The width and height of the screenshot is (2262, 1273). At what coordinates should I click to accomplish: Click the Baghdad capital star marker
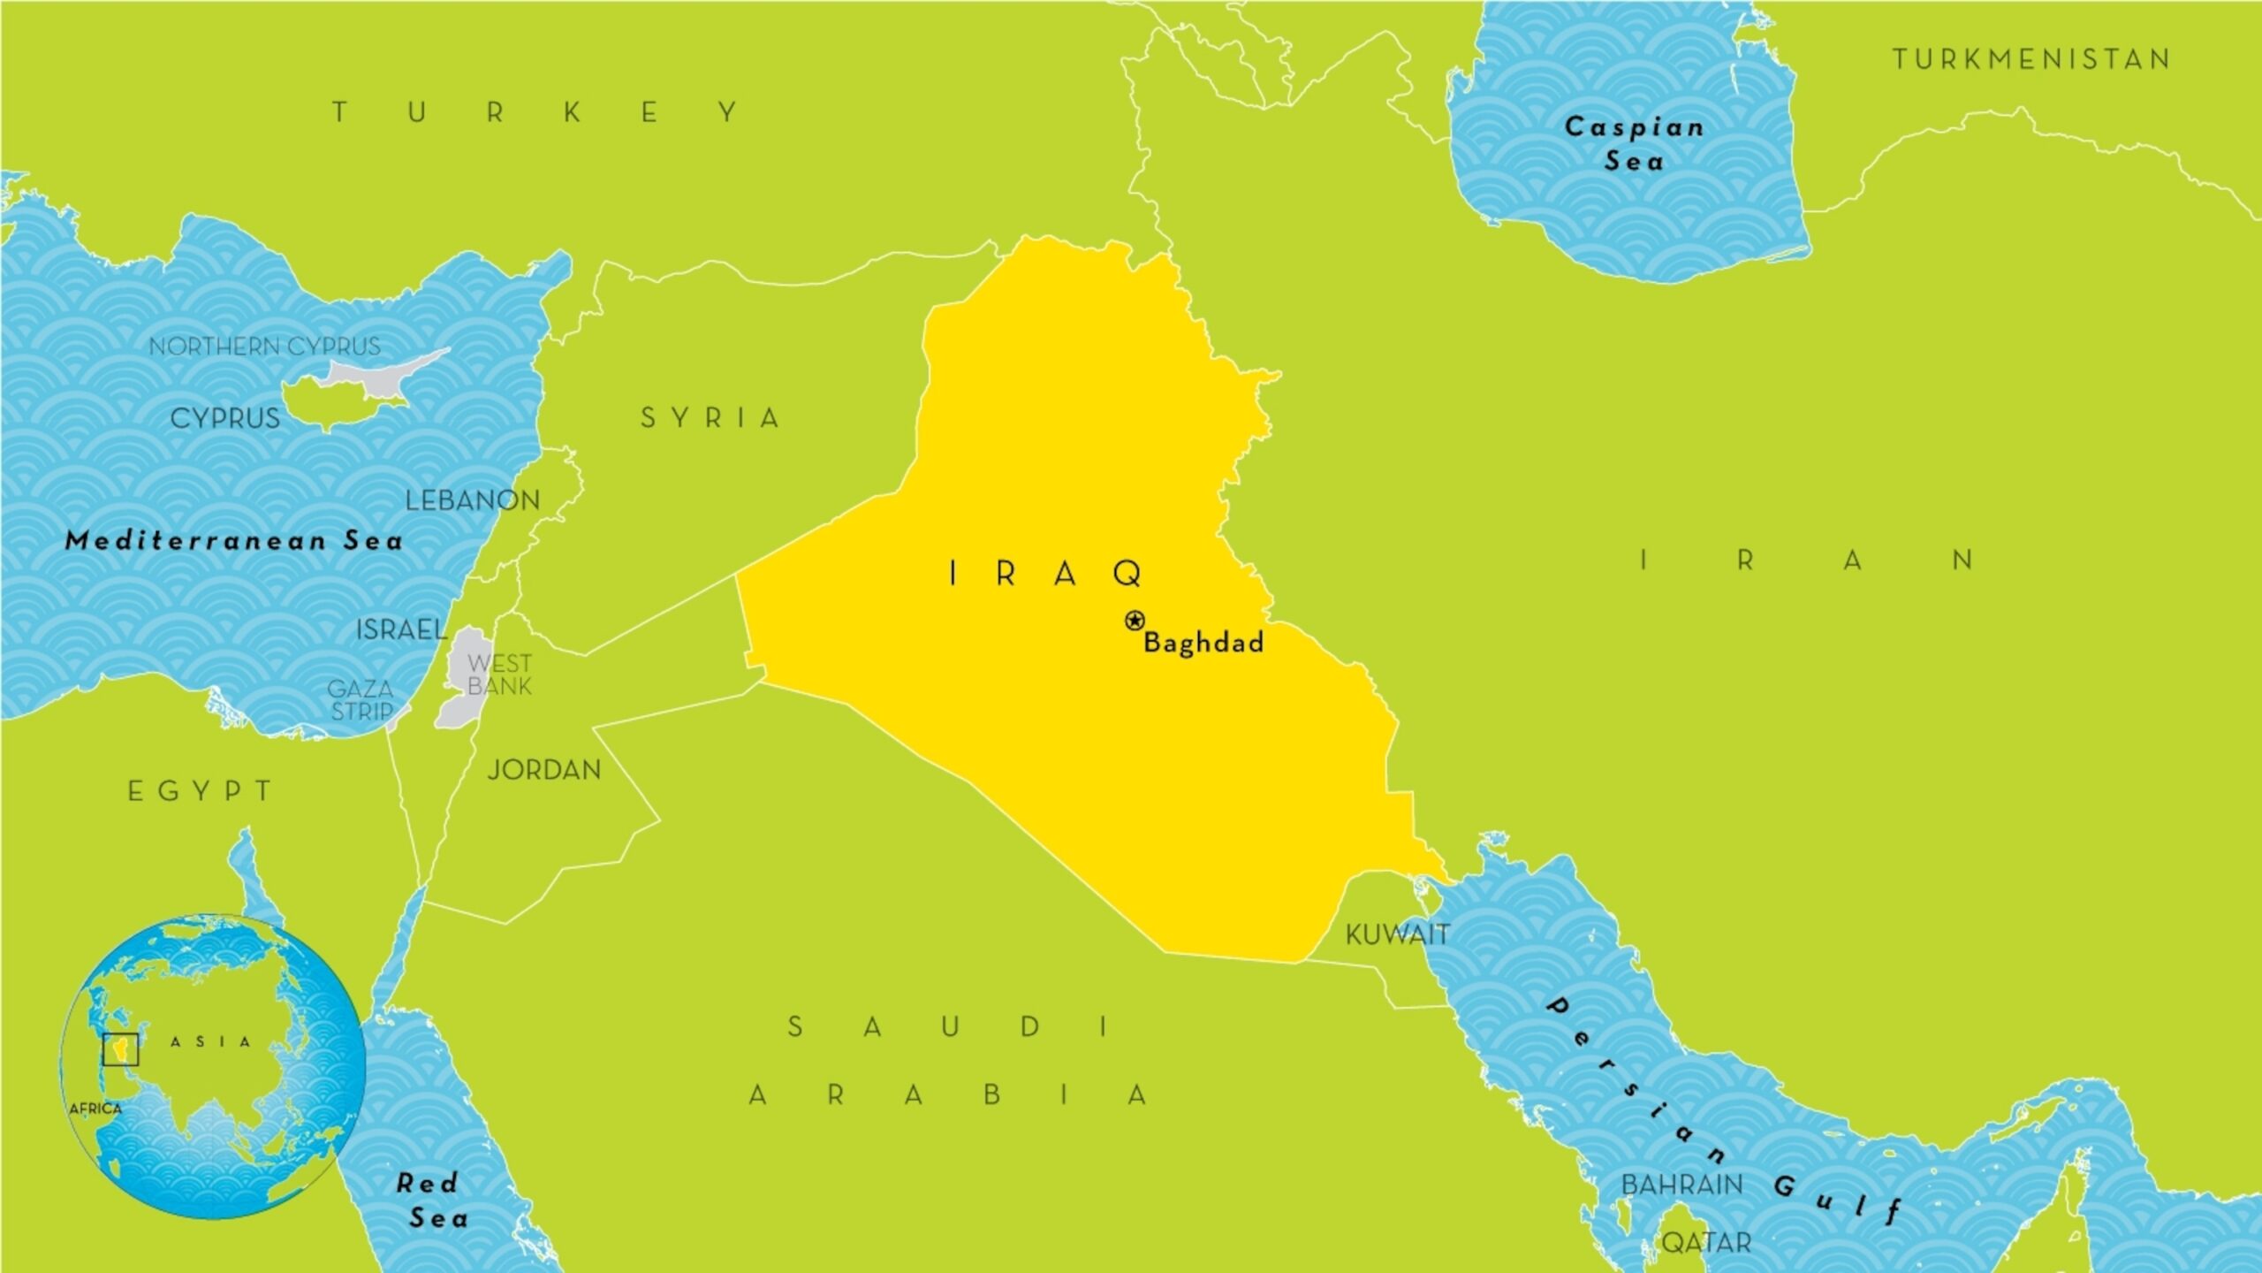point(1135,621)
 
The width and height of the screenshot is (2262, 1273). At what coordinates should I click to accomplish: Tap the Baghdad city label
point(1203,643)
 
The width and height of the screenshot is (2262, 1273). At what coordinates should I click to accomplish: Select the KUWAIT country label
point(1397,934)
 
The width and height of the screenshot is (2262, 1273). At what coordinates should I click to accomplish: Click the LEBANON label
point(473,500)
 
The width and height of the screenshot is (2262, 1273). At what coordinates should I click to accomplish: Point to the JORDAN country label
point(544,770)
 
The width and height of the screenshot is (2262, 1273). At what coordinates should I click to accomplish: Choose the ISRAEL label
point(401,629)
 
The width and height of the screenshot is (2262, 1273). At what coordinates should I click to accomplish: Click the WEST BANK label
point(499,675)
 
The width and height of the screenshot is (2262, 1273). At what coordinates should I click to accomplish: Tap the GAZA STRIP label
point(361,699)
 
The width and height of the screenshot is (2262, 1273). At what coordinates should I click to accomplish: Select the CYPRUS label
point(224,418)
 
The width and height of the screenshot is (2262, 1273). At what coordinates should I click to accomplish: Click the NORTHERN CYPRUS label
point(264,347)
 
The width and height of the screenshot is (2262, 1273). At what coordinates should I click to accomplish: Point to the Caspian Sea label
point(1635,144)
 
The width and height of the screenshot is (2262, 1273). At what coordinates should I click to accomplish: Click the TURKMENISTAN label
point(2031,59)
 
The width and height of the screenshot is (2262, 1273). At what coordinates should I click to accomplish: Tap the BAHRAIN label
point(1681,1185)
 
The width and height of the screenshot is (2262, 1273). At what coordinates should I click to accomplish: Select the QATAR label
point(1706,1243)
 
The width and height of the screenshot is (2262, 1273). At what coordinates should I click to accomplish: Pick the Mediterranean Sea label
point(234,540)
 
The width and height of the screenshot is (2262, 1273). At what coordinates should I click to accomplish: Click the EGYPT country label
point(201,791)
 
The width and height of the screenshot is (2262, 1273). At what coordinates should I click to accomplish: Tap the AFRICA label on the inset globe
point(95,1109)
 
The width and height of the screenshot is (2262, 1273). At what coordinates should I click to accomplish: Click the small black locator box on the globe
point(121,1049)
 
